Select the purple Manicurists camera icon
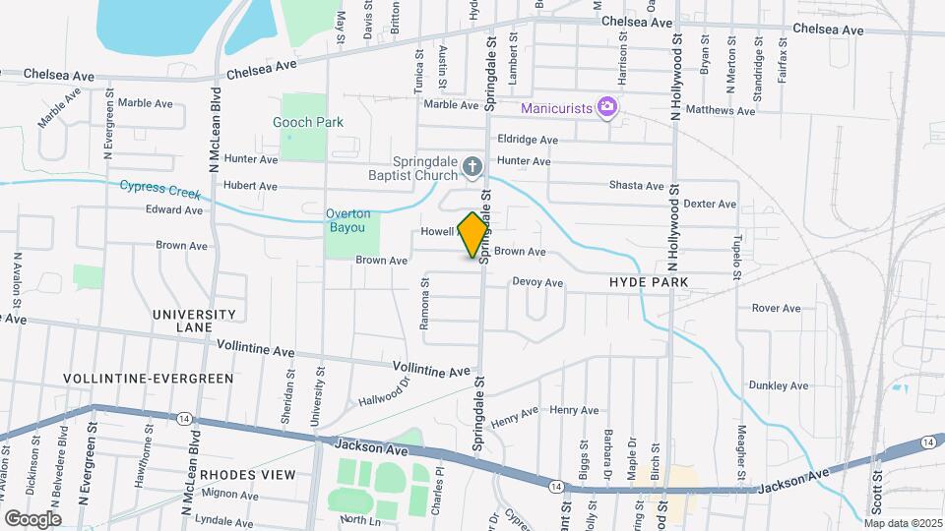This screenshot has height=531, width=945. [x=607, y=106]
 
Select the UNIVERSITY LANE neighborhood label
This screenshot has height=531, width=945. [x=194, y=321]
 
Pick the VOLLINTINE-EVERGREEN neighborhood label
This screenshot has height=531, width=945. [x=149, y=378]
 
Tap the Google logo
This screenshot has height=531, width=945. [x=32, y=518]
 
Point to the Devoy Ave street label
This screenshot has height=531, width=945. [x=537, y=282]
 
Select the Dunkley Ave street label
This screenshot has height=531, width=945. [x=778, y=385]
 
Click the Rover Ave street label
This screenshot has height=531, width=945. [x=776, y=308]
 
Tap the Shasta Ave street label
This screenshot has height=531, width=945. [x=636, y=185]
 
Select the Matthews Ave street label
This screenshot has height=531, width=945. [x=722, y=110]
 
